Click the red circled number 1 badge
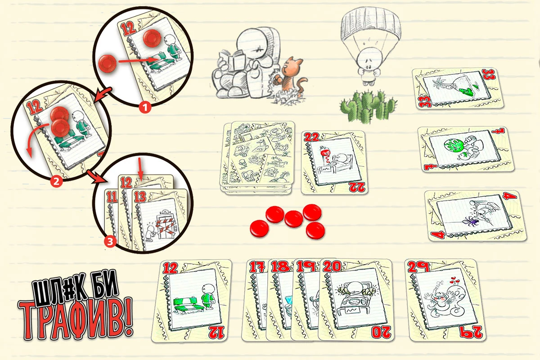[145, 108]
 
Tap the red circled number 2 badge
[56, 181]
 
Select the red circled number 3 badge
[110, 241]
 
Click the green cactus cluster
[368, 106]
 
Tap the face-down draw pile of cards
[257, 157]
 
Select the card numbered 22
[334, 162]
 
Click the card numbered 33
[458, 89]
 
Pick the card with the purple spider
[475, 216]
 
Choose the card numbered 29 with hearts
[445, 300]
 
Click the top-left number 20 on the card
[332, 267]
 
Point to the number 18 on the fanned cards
[280, 267]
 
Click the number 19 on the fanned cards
[306, 267]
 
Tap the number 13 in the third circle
[140, 197]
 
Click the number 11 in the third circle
[112, 198]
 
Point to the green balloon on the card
[453, 146]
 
